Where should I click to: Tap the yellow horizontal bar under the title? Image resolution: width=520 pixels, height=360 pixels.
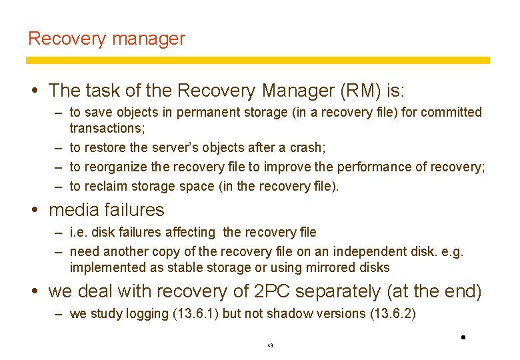(x=258, y=60)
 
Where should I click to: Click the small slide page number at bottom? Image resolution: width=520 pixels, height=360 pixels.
(x=269, y=346)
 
